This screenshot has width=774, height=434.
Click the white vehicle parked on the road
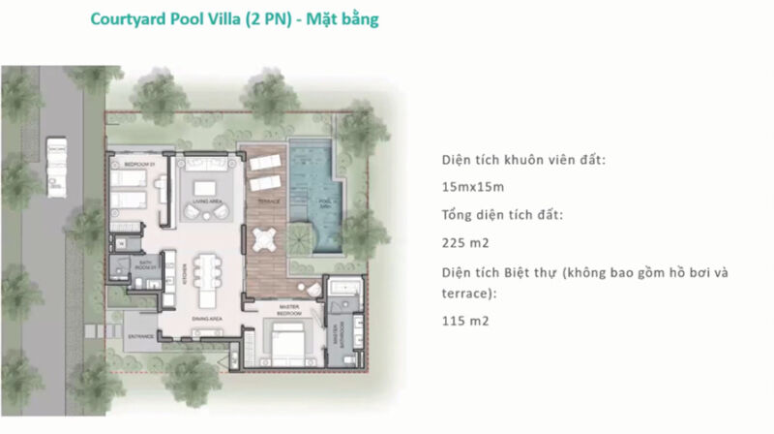(x=55, y=162)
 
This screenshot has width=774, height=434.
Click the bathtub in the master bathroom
(x=343, y=290)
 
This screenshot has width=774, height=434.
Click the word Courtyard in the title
(x=127, y=19)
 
